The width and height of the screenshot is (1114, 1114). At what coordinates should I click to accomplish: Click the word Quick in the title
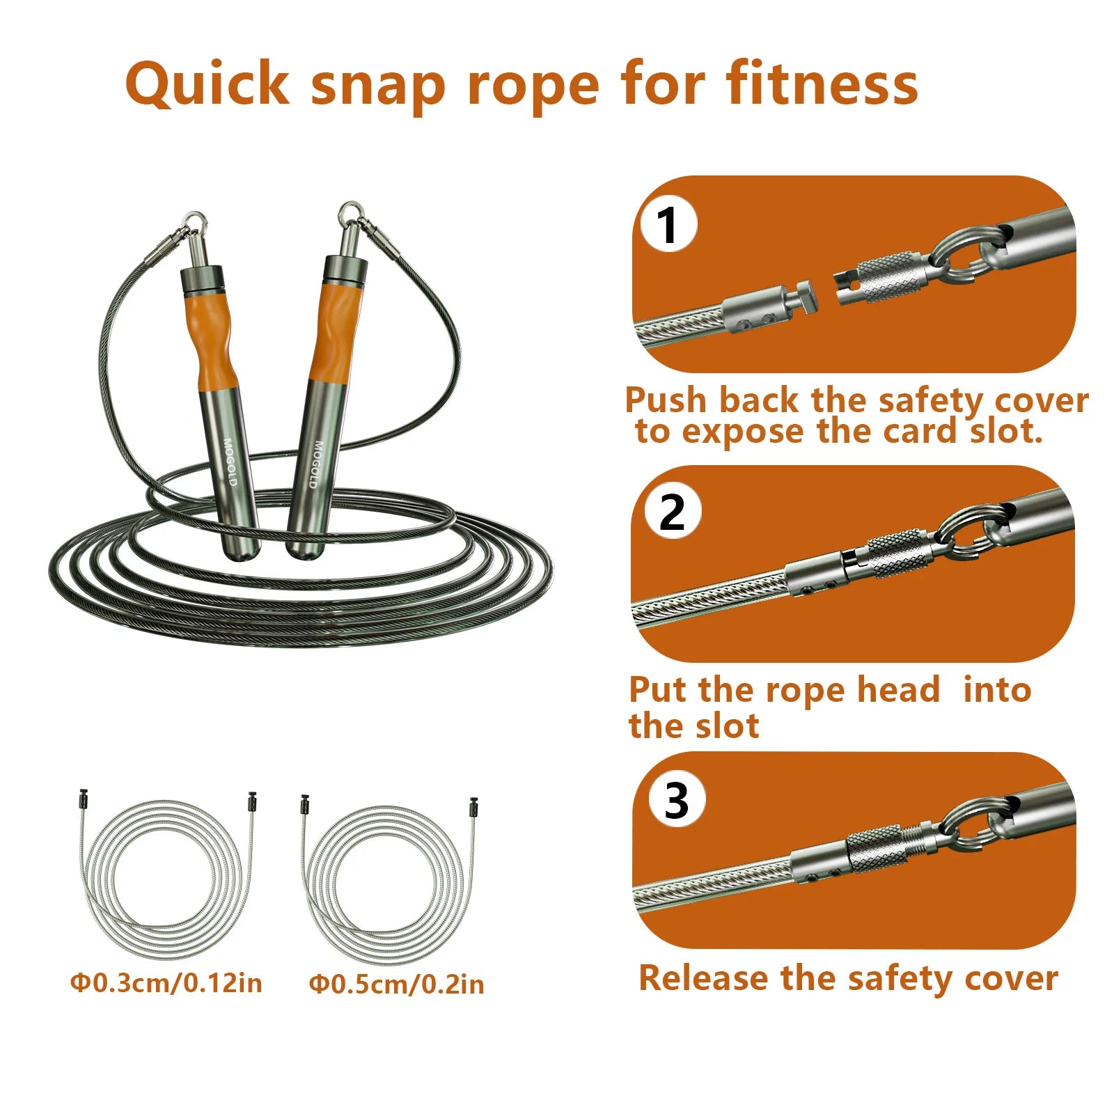(x=207, y=85)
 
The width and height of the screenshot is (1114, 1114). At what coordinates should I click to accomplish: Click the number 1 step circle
(x=668, y=225)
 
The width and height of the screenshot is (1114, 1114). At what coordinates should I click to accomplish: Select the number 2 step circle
(x=672, y=512)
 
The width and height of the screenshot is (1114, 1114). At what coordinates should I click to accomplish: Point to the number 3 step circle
(x=676, y=801)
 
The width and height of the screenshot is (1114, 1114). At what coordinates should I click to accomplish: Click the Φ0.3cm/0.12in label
(x=166, y=983)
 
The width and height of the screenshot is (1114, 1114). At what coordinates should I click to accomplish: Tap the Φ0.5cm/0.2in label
(x=396, y=984)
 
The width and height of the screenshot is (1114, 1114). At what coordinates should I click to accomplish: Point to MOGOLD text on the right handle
(x=317, y=464)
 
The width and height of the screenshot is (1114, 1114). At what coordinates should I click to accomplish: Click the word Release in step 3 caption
(x=704, y=978)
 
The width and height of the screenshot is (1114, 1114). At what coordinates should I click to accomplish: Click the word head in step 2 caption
(x=898, y=691)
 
